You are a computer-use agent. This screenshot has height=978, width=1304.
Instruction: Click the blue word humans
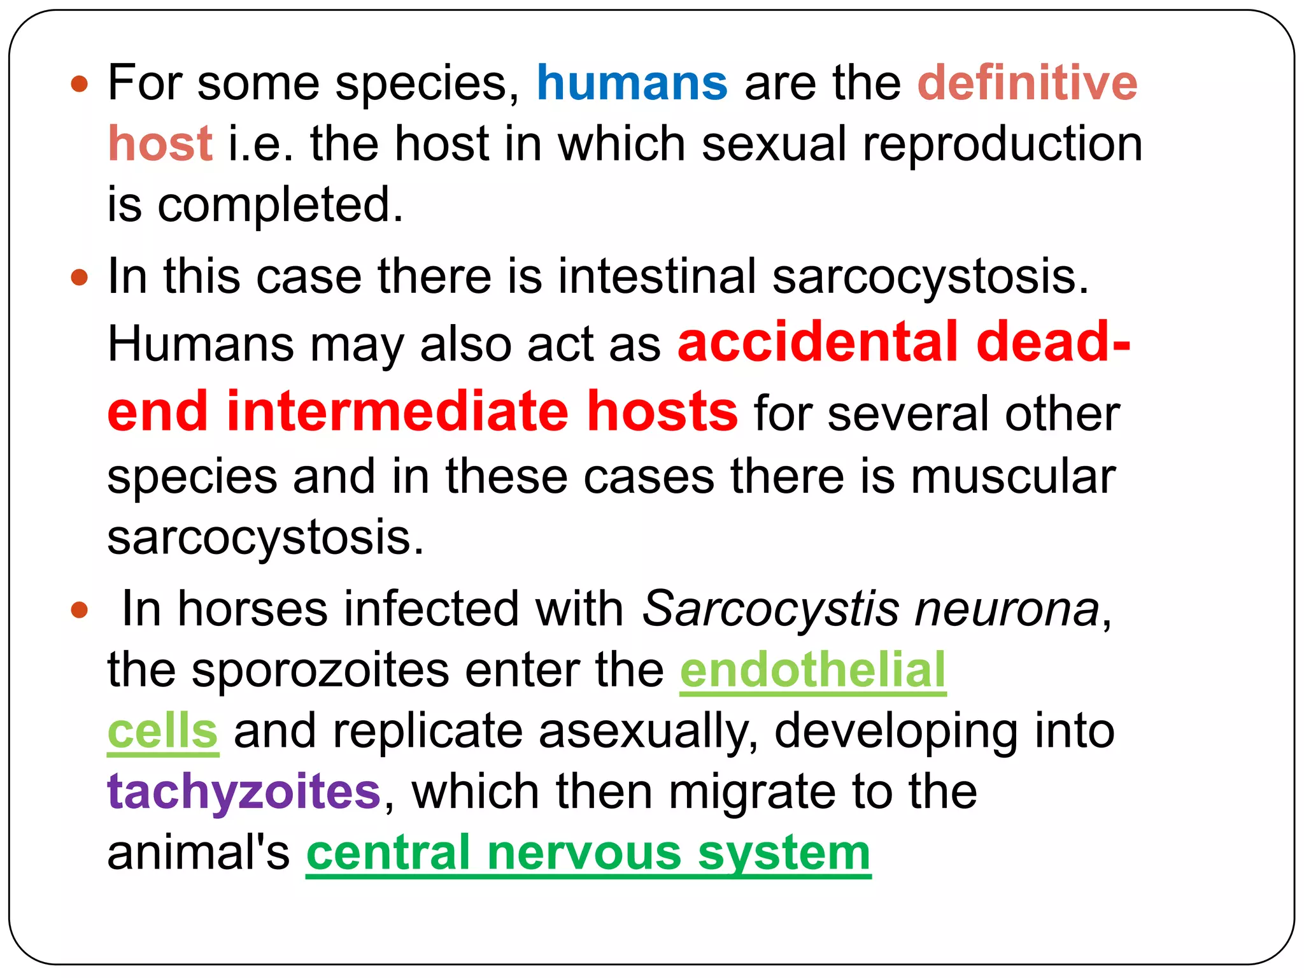pyautogui.click(x=632, y=83)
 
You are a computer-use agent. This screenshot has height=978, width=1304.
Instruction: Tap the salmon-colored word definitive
pyautogui.click(x=1027, y=83)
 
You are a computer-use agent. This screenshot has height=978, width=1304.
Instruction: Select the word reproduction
pyautogui.click(x=1002, y=144)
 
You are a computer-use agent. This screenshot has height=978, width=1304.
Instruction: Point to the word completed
pyautogui.click(x=280, y=205)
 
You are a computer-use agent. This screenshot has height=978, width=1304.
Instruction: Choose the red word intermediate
pyautogui.click(x=398, y=411)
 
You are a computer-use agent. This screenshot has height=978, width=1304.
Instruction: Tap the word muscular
pyautogui.click(x=1013, y=476)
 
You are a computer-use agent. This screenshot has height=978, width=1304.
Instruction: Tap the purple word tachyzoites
pyautogui.click(x=244, y=791)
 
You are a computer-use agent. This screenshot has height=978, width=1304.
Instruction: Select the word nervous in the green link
pyautogui.click(x=584, y=853)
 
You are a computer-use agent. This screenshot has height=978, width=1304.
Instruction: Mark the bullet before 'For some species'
pyautogui.click(x=79, y=83)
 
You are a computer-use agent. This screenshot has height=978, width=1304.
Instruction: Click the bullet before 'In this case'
pyautogui.click(x=79, y=278)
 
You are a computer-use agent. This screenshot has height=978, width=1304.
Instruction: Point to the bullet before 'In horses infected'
pyautogui.click(x=79, y=610)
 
